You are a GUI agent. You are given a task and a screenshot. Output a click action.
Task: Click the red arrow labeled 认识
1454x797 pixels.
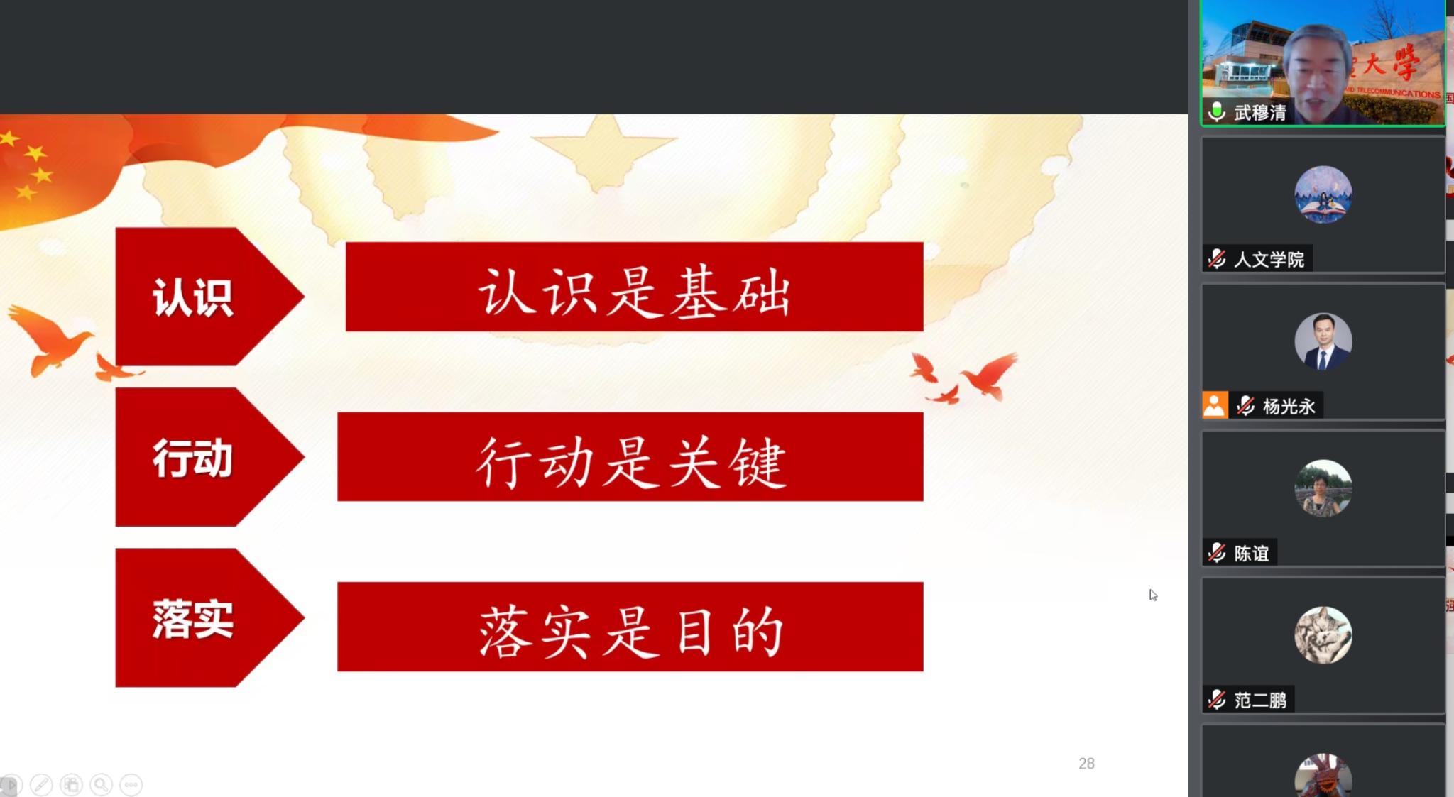pos(206,297)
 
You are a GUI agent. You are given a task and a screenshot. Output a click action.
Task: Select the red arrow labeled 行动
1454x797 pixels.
pos(206,457)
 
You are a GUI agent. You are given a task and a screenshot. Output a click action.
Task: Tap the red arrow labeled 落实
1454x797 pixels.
pos(206,617)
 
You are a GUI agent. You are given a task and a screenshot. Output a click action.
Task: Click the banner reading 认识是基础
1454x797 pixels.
pos(634,287)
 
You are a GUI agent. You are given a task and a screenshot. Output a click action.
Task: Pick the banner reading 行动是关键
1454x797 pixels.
pos(630,457)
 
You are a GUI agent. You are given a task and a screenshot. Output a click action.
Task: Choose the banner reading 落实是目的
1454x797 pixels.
pos(630,627)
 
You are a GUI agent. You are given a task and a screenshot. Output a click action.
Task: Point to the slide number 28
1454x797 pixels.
pos(1086,764)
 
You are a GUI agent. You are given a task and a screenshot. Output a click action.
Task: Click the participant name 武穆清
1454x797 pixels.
pos(1260,112)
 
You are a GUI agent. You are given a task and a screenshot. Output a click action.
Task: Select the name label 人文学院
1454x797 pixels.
pos(1269,259)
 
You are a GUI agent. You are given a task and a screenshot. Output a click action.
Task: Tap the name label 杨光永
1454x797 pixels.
pos(1289,406)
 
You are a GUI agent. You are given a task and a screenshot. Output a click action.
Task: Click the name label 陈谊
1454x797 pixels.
pos(1251,553)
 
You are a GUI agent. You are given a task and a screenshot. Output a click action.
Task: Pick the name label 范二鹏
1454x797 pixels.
pos(1260,700)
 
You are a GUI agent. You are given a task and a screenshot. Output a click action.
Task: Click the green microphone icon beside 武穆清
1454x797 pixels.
pos(1217,111)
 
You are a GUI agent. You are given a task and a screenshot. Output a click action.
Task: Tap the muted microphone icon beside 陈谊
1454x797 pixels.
pos(1217,552)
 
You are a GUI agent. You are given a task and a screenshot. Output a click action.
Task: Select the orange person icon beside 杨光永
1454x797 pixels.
pos(1215,405)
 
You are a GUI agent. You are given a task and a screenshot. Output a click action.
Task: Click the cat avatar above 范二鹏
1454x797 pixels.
pos(1323,635)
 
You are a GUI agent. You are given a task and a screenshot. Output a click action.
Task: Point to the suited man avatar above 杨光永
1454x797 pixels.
pos(1323,341)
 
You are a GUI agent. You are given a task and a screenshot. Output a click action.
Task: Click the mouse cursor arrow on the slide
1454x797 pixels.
pos(1153,595)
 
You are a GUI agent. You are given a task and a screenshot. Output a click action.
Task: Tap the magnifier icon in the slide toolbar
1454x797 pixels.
pos(101,784)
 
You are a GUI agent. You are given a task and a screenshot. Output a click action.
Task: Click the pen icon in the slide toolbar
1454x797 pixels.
pos(41,784)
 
